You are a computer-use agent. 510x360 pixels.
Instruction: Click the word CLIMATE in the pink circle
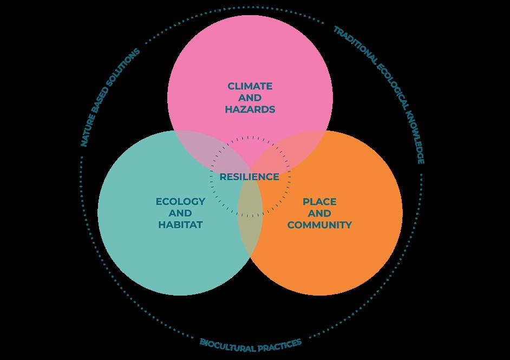[x=250, y=86]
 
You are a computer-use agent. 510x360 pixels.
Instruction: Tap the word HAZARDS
[x=250, y=109]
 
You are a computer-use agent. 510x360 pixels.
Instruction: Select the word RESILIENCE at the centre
[x=250, y=177]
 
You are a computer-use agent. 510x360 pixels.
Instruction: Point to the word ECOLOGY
[x=180, y=201]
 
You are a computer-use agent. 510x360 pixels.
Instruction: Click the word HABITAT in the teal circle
[x=180, y=225]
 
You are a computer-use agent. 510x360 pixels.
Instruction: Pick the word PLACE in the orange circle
[x=319, y=201]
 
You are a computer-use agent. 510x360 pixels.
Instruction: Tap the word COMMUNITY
[x=319, y=225]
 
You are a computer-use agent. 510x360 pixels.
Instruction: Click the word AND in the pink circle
[x=250, y=97]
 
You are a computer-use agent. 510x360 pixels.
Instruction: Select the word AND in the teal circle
[x=180, y=213]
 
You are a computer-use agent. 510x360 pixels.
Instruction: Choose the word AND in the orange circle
[x=319, y=213]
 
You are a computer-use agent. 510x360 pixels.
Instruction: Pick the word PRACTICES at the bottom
[x=280, y=345]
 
